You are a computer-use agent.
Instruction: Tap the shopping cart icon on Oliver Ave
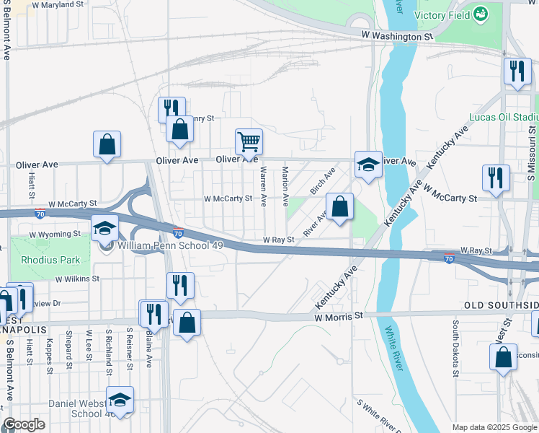[x=249, y=141]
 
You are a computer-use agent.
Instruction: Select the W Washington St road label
[x=398, y=35]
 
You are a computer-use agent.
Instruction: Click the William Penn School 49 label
[x=160, y=245]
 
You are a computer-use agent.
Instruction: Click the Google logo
[x=24, y=424]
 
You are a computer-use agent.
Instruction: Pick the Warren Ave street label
[x=264, y=184]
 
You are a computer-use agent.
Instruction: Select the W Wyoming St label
[x=55, y=235]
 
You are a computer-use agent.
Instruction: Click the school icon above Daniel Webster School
[x=120, y=399]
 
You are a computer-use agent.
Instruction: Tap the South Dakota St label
[x=455, y=349]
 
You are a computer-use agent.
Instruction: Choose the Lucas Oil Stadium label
[x=504, y=117]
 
